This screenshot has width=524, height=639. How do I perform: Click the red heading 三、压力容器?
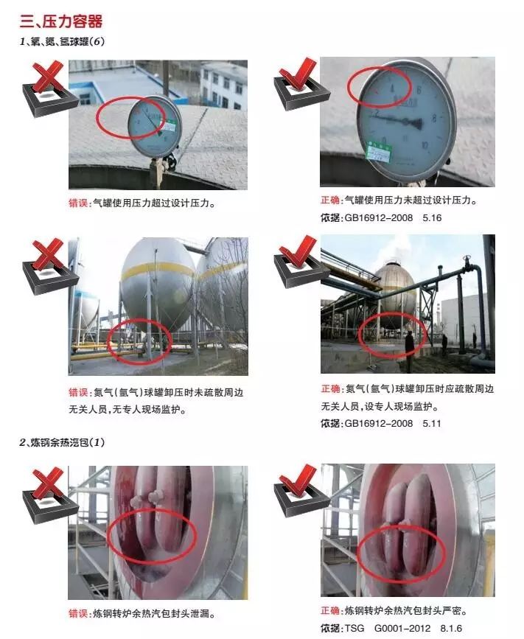point(61,21)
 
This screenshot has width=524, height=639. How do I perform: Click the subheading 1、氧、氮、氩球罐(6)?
point(62,41)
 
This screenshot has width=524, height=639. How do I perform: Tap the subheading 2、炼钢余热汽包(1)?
point(62,442)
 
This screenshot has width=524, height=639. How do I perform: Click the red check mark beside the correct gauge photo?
point(298,74)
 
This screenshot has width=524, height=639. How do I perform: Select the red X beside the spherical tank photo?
point(48,254)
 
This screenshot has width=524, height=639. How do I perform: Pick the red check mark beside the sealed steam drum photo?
point(298,481)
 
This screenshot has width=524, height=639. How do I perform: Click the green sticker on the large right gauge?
point(379,152)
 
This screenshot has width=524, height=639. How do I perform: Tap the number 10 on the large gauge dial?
point(425,145)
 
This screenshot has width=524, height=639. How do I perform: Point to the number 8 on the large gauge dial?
point(434,118)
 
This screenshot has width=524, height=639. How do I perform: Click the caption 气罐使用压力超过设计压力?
point(153,203)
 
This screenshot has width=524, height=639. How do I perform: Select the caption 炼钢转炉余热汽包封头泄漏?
point(153,613)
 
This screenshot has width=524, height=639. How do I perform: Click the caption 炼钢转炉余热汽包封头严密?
point(406,610)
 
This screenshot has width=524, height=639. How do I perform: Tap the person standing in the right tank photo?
point(409,345)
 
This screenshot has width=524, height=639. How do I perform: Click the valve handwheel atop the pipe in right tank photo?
point(467,259)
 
